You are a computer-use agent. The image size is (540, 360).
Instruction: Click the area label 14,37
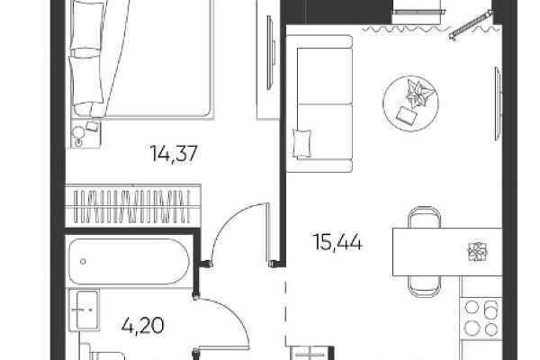coord(174,153)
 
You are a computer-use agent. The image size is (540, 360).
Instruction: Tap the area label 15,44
coord(337,242)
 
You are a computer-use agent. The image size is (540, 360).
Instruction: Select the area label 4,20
coord(142,326)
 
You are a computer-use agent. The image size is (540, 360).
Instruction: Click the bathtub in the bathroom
coord(129,262)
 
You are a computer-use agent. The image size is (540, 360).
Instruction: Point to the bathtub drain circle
coord(83,262)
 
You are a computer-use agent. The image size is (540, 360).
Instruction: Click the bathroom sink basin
coord(85,310)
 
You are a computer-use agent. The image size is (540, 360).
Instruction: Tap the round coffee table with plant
coord(410,103)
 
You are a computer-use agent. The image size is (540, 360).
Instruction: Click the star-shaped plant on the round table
coord(418,93)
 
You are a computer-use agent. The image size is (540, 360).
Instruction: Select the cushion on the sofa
coord(301,143)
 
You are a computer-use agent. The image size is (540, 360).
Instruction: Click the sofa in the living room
coord(319,103)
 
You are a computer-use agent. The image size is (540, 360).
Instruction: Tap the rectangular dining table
coord(447,251)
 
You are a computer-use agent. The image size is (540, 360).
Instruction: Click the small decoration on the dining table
coord(477,251)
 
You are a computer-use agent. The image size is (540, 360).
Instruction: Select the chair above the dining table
coord(424,217)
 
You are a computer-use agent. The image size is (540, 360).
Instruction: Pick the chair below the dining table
coord(424,286)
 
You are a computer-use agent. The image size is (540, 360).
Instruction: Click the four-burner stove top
coord(481,318)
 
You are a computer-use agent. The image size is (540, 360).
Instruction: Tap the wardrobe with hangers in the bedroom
coord(133,206)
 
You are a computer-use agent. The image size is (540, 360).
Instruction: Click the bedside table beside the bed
coord(85,134)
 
